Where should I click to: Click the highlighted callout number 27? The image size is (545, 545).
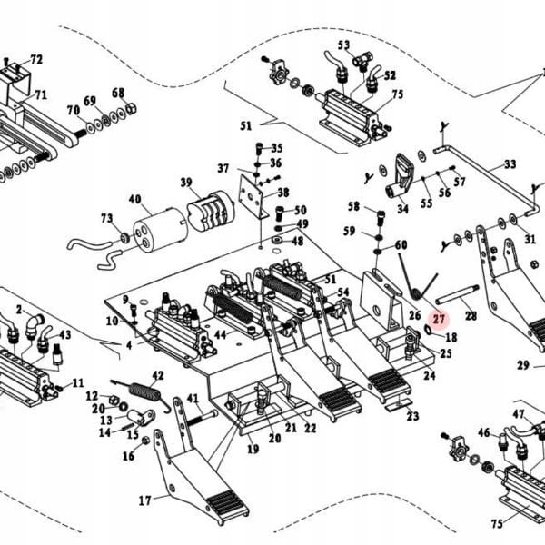(440, 319)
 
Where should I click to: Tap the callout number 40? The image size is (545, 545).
(134, 200)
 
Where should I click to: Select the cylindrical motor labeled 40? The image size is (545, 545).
(159, 227)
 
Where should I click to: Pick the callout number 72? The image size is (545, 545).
(36, 60)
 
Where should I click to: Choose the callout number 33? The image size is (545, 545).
(510, 164)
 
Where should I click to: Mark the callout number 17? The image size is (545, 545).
(144, 500)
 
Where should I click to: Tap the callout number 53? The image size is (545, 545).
(343, 45)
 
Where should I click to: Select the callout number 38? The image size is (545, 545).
(283, 193)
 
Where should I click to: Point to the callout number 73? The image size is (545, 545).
(106, 219)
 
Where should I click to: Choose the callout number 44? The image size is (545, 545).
(220, 335)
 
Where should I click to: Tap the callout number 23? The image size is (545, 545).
(412, 417)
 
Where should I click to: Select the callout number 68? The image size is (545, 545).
(118, 93)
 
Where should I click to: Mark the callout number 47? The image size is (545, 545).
(518, 414)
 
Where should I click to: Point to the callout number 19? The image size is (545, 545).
(252, 449)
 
